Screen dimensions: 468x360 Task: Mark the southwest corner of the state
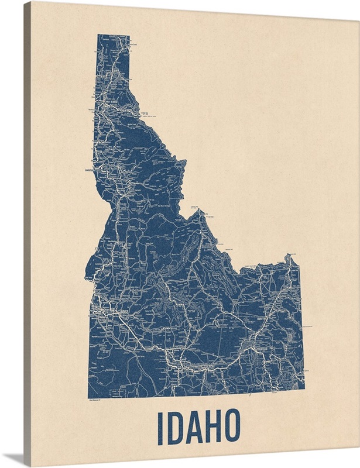(x=89, y=397)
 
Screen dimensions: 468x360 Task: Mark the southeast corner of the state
(x=304, y=387)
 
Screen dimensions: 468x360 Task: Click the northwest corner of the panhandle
(x=98, y=35)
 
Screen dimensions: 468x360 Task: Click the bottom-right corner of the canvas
(x=358, y=466)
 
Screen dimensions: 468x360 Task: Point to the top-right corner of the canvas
(x=358, y=2)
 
